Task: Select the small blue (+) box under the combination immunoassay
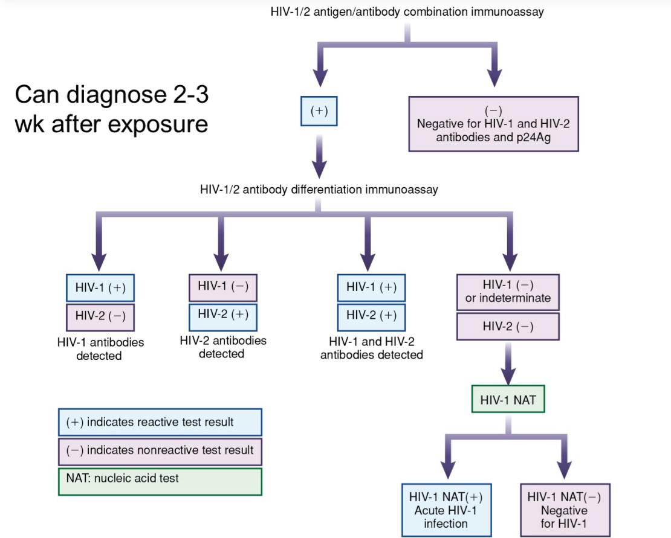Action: coord(319,112)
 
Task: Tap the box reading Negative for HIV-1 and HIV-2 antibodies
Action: coord(493,124)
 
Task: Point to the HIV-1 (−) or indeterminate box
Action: coord(508,292)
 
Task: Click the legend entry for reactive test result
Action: coord(160,422)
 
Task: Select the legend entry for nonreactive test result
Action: coord(160,450)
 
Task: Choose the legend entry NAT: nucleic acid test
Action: coord(160,481)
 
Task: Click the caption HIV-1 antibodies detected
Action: coord(99,349)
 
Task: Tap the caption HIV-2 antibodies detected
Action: coord(222,347)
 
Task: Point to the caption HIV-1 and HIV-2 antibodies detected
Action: coord(371,349)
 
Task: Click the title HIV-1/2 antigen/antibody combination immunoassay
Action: coord(407,12)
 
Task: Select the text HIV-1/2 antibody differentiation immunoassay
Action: coord(319,190)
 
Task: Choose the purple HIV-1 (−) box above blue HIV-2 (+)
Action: coord(223,287)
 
